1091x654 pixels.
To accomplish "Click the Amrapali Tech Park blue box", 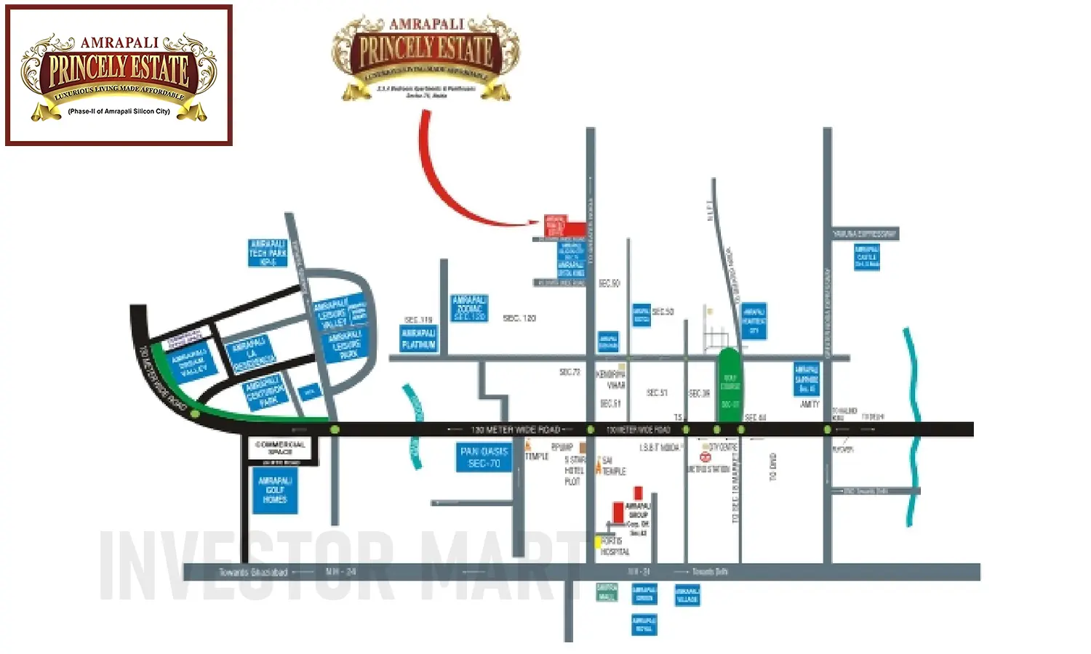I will pos(268,253).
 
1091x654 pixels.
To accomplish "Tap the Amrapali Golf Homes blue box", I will pos(275,491).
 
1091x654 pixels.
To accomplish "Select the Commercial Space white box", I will pos(280,451).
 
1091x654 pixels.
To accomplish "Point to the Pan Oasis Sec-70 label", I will pos(484,457).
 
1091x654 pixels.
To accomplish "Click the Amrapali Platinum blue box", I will pos(419,339).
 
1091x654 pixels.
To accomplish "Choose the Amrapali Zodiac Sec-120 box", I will pos(469,308).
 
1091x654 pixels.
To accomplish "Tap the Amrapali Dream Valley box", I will pos(190,360).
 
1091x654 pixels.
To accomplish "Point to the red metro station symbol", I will pos(704,457).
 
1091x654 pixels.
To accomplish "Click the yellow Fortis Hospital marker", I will pos(598,542).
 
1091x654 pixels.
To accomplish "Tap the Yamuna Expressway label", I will pos(864,234).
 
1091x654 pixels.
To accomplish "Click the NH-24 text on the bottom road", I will pos(340,572).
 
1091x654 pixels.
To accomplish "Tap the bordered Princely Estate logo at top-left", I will pos(119,76).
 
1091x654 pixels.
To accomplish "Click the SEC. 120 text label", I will pos(519,318).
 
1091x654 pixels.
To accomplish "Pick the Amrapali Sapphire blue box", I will pos(807,379).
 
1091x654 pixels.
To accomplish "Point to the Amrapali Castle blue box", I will pos(866,257).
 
